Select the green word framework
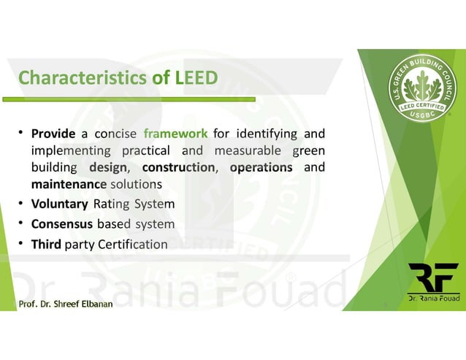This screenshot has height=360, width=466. coord(176,134)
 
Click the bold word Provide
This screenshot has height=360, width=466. coord(53,134)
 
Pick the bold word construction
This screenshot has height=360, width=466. coord(178,167)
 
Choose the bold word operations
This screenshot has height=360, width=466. coord(261,167)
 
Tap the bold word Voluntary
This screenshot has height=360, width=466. coord(60,204)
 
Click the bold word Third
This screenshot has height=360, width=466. coord(46,245)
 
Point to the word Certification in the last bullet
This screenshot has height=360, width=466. coord(129,245)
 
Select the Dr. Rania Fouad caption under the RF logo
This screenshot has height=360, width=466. coord(433,299)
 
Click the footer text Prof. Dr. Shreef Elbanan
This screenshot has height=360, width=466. coord(66,304)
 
